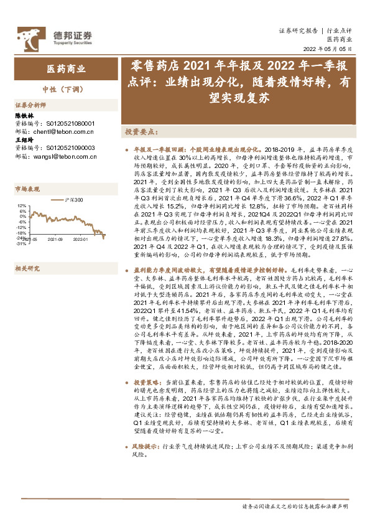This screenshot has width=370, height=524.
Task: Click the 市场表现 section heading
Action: [x=27, y=189]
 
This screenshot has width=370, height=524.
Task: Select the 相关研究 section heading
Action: [x=27, y=251]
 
